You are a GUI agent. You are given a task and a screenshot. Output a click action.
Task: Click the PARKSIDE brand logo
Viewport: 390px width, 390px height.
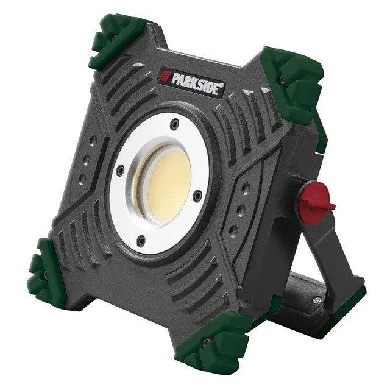[x=192, y=83]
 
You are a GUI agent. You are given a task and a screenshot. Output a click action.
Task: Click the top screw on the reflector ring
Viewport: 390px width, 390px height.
[x=175, y=123]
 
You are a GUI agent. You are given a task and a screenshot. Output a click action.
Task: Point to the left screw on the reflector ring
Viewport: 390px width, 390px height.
[x=121, y=170]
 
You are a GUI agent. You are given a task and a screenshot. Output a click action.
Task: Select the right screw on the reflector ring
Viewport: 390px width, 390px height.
[x=197, y=195]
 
